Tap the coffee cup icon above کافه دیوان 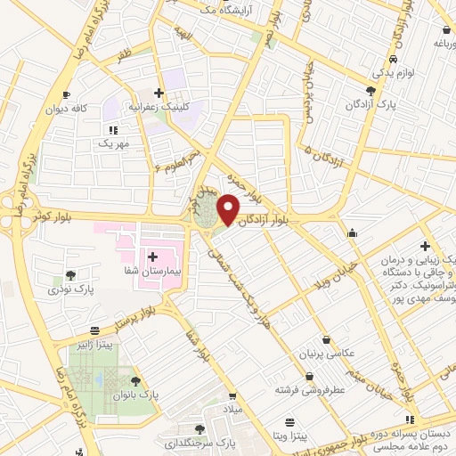click(x=66, y=94)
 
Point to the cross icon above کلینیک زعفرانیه click(x=159, y=92)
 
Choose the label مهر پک click(x=114, y=143)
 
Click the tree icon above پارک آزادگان click(x=371, y=91)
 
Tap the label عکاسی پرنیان click(x=330, y=354)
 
